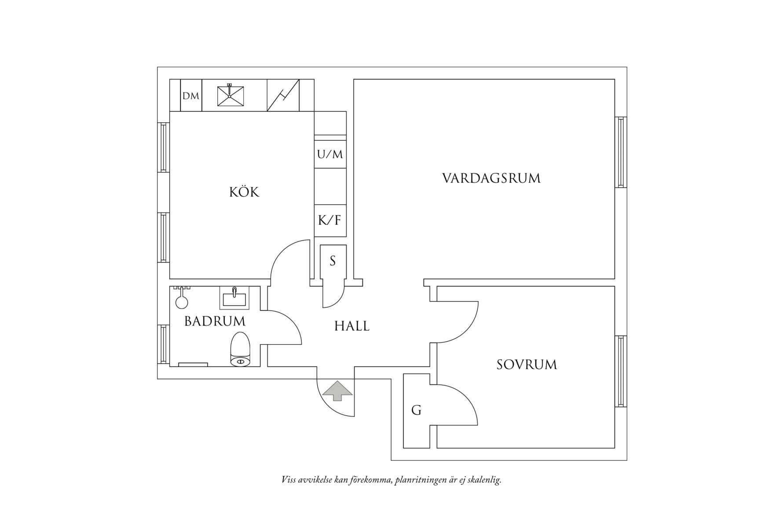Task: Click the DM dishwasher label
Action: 191,95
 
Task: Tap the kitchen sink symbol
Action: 231,95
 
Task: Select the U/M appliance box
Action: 330,154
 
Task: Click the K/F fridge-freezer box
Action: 330,220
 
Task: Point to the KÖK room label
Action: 244,192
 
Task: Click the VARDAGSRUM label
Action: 491,178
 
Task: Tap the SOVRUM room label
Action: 527,365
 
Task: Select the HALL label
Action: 351,326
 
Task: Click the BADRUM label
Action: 215,321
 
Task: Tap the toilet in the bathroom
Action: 240,350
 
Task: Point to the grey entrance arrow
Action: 337,391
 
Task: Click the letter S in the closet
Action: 333,261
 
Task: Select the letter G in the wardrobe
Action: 416,410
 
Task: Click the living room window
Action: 620,153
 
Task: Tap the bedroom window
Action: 620,371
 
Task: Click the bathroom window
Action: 164,344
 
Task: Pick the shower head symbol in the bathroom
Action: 181,299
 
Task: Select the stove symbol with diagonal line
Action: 283,95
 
